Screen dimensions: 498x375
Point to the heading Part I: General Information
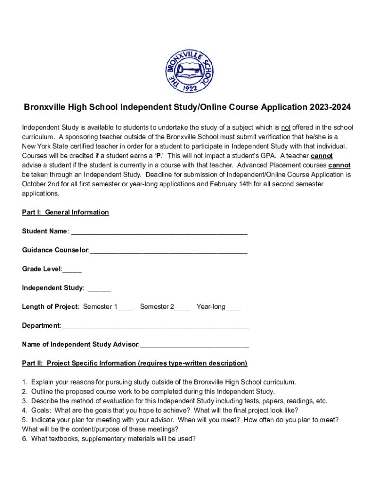point(65,213)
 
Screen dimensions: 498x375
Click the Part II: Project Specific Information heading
point(134,363)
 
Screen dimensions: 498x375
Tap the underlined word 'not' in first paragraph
point(285,128)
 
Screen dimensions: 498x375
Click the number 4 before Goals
point(24,410)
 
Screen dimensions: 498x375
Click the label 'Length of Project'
point(50,307)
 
